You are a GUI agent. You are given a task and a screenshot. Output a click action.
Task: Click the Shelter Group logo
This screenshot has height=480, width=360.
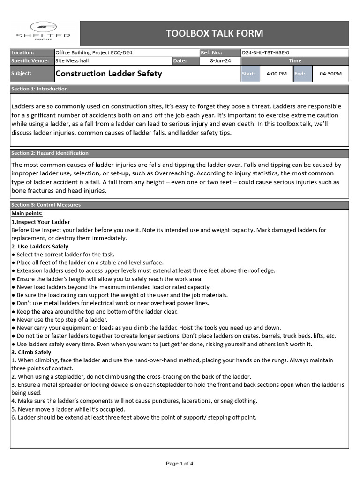[x=43, y=32]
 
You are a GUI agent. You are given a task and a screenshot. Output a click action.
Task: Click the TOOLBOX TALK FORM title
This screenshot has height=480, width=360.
[x=215, y=33]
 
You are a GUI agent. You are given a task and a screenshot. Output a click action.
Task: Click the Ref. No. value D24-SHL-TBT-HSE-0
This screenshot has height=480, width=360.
[x=269, y=53]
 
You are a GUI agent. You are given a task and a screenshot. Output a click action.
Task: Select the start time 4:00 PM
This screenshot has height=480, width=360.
[x=276, y=74]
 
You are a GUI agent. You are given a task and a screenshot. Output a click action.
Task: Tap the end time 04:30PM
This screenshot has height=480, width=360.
[x=330, y=74]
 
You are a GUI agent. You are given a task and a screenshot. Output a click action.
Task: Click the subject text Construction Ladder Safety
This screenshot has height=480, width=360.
[x=109, y=74]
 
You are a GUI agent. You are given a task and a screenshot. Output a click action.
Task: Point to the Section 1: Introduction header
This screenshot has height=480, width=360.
[x=39, y=89]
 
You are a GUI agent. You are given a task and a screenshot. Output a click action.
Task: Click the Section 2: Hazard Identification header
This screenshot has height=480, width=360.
[x=50, y=153]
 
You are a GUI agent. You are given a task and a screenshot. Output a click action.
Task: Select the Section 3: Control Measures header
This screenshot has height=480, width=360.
[x=46, y=205]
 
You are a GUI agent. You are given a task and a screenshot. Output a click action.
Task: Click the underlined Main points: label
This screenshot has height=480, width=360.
[x=27, y=213]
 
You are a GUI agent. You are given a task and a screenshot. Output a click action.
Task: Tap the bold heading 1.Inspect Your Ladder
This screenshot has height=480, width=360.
[x=41, y=222]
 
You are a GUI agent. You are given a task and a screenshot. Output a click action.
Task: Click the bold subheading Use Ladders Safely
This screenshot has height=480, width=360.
[x=43, y=246]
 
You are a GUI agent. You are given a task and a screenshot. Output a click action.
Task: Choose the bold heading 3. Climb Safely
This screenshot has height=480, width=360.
[x=31, y=352]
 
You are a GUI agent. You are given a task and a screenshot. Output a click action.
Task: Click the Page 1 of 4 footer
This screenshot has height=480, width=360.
[x=180, y=464]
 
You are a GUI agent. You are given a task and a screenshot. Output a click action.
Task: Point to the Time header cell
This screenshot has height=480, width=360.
[x=295, y=61]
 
